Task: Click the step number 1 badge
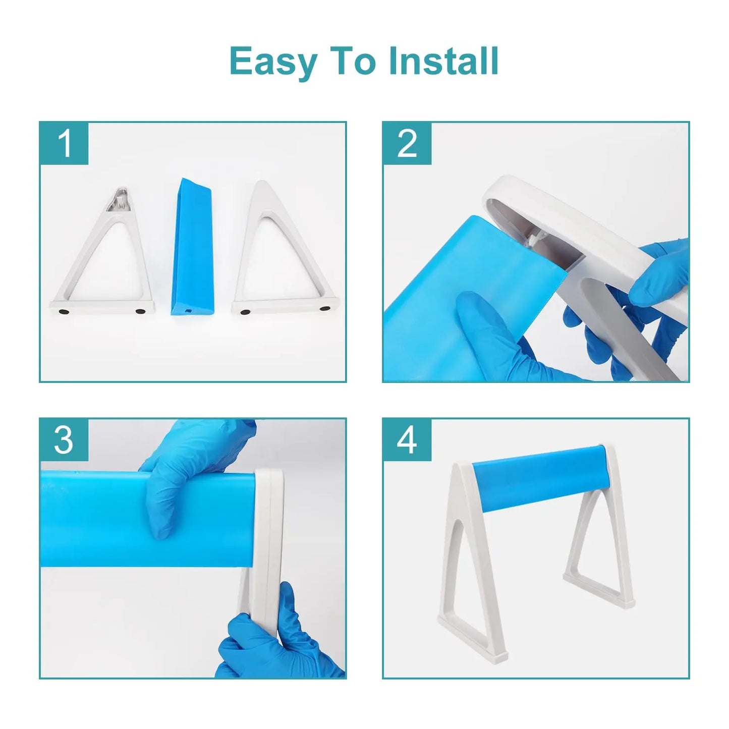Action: [64, 144]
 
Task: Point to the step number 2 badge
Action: [408, 144]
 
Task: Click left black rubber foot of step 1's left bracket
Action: [64, 311]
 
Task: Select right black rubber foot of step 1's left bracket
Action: [140, 312]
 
